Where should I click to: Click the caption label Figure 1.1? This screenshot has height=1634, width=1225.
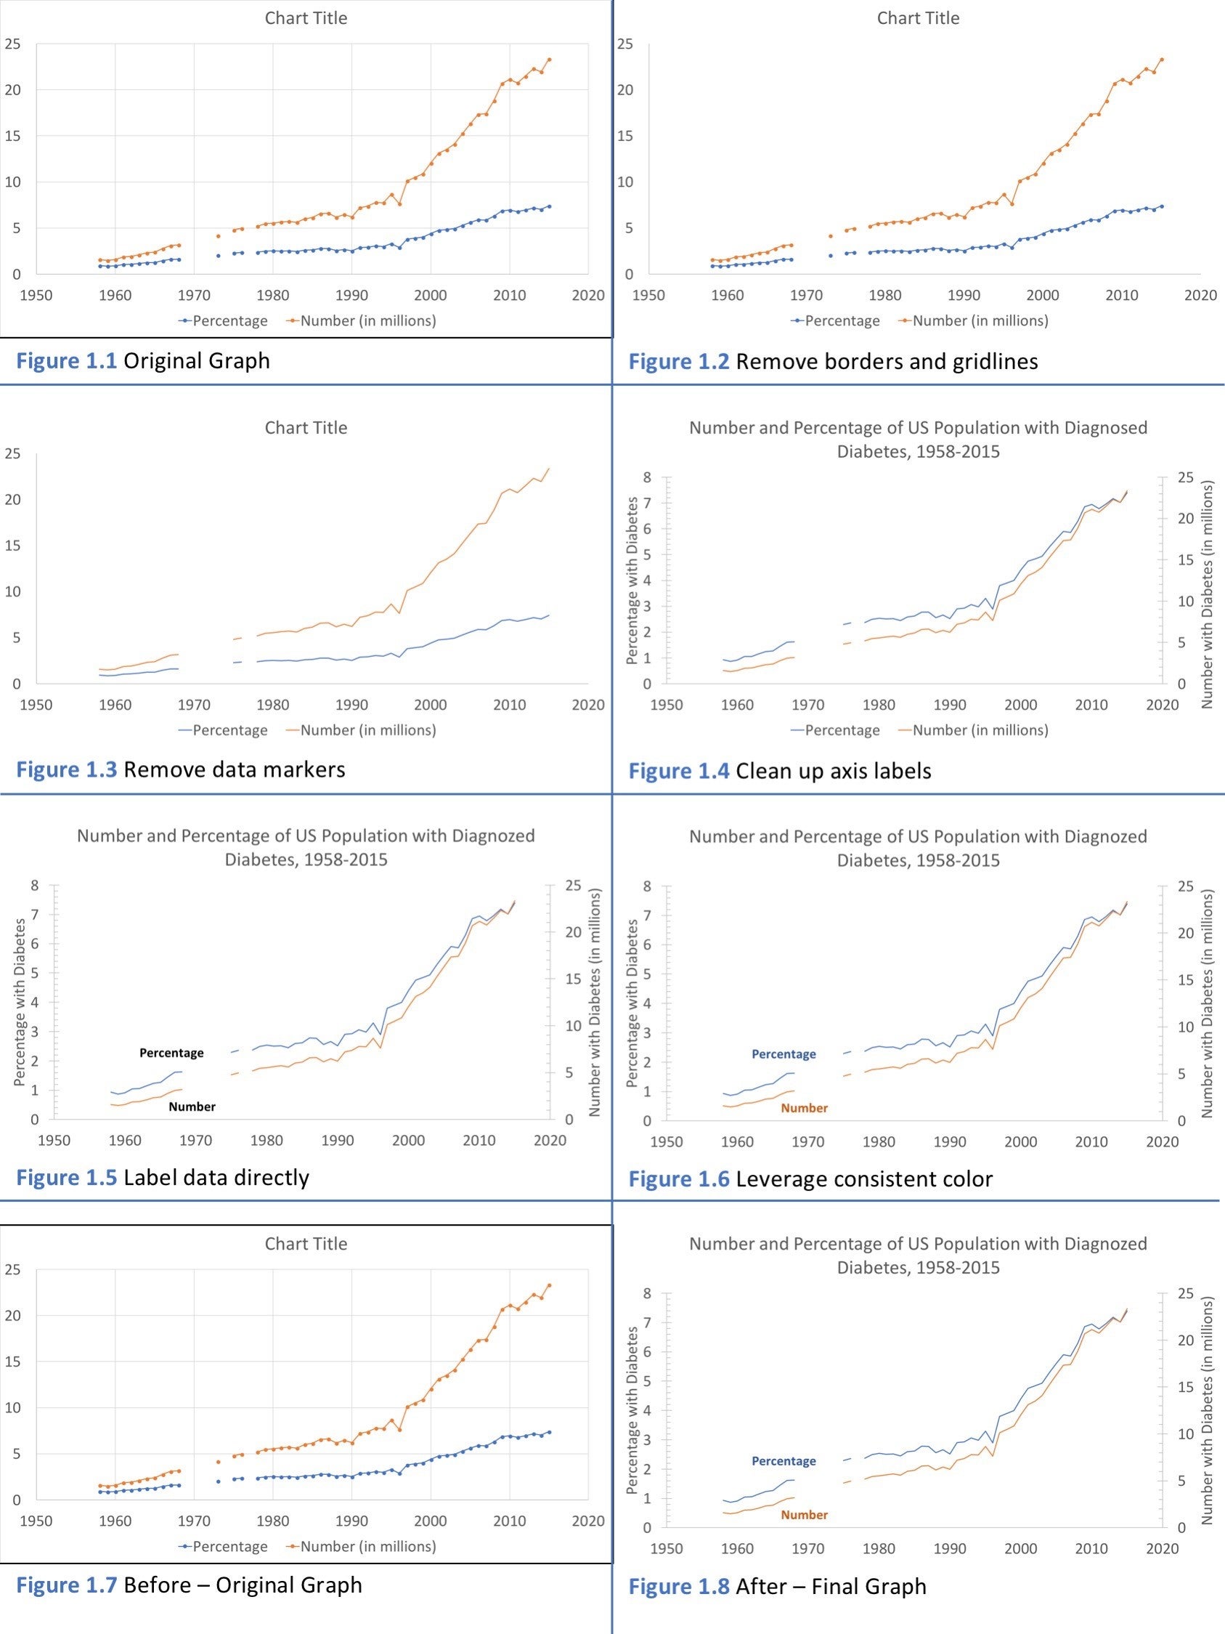[x=66, y=360]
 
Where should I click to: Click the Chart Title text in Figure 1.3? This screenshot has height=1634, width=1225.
[x=306, y=428]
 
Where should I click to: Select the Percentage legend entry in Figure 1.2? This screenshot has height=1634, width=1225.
[x=842, y=320]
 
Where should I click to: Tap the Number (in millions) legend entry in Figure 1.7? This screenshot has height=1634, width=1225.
[x=367, y=1546]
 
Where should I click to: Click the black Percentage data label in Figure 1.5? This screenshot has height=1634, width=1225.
[x=171, y=1053]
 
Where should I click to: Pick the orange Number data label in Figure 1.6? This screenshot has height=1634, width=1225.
[x=804, y=1108]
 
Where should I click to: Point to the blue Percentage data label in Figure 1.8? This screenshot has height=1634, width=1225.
[x=784, y=1460]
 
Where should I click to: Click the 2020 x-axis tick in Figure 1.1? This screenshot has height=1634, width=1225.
[x=587, y=296]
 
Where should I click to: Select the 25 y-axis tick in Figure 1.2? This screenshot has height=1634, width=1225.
[x=624, y=44]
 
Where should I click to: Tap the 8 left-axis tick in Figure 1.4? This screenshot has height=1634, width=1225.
[x=647, y=477]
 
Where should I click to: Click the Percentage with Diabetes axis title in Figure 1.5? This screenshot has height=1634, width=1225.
[x=20, y=1002]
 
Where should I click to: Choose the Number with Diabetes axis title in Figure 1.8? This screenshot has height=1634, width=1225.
[x=1208, y=1411]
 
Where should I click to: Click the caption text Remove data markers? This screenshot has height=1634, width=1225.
[x=234, y=769]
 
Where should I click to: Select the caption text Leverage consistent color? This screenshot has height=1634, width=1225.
[x=864, y=1179]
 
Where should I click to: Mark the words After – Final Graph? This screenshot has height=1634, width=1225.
[x=831, y=1586]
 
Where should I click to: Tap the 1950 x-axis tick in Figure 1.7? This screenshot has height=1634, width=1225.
[x=36, y=1521]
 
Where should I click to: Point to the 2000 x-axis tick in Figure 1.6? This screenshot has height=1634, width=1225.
[x=1020, y=1142]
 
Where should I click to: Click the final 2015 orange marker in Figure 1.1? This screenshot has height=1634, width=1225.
[x=549, y=60]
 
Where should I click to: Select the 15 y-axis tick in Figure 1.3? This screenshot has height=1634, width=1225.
[x=12, y=546]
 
